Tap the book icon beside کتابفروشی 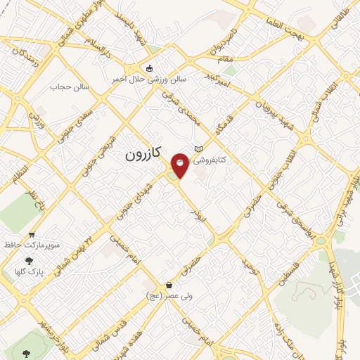pyautogui.click(x=198, y=148)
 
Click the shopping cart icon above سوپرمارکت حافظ pyautogui.click(x=32, y=236)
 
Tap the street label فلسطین pyautogui.click(x=294, y=271)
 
